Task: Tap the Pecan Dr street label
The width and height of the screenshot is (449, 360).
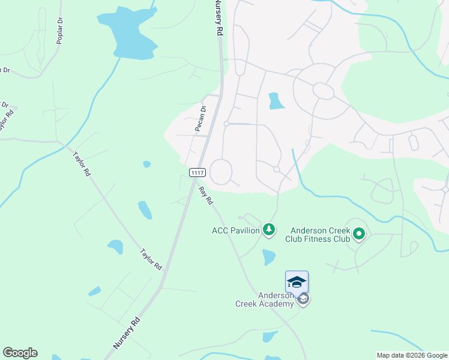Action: click(x=200, y=118)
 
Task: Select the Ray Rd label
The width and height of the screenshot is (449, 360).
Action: click(x=206, y=195)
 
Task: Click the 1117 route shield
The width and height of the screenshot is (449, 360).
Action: click(x=197, y=173)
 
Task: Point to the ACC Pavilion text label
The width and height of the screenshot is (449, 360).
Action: click(x=236, y=230)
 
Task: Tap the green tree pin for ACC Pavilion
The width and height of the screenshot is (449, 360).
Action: click(x=270, y=229)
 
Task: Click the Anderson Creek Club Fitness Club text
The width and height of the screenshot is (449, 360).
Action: click(x=320, y=235)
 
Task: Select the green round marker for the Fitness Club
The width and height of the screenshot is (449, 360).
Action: click(x=359, y=233)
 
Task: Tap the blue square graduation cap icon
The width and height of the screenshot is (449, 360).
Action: click(x=297, y=281)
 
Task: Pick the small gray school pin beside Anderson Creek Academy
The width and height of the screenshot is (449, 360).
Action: click(x=304, y=299)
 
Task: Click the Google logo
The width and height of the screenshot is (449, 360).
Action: click(x=20, y=353)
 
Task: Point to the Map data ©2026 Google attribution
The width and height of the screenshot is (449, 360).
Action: click(x=412, y=355)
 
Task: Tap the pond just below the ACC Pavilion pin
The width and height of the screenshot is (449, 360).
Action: click(x=269, y=257)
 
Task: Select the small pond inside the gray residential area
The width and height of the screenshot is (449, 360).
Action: click(x=276, y=101)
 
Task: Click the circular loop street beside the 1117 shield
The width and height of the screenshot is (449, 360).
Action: click(x=220, y=171)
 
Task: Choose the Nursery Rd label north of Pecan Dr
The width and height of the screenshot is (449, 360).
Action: click(x=218, y=20)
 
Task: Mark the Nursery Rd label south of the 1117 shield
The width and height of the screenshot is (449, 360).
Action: click(x=126, y=334)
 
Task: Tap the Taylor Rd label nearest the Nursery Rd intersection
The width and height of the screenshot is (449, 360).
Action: click(x=151, y=259)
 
